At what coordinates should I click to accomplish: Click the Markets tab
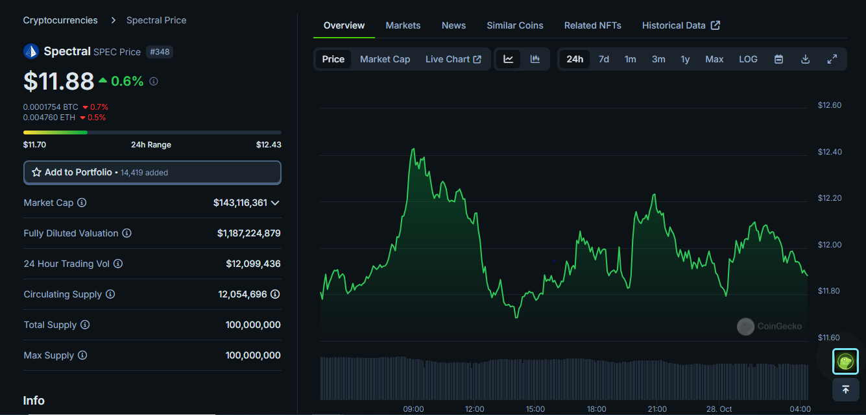(x=403, y=25)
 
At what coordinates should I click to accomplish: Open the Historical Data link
(x=680, y=25)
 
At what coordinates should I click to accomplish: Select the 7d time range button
(x=603, y=59)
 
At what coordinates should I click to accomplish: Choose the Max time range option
(x=714, y=59)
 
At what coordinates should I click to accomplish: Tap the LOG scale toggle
(x=748, y=59)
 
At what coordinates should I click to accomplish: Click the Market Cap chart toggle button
(x=385, y=59)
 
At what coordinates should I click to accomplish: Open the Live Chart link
(x=453, y=59)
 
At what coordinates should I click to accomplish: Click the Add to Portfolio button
(x=152, y=173)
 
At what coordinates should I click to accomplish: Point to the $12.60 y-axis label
(x=829, y=105)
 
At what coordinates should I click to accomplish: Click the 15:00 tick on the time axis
(x=535, y=409)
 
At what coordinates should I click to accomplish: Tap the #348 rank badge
(x=160, y=52)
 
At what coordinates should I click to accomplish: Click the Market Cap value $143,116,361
(x=240, y=203)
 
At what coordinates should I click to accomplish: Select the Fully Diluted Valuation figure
(x=249, y=233)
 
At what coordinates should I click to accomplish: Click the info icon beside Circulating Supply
(x=110, y=294)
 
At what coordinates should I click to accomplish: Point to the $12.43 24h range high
(x=269, y=145)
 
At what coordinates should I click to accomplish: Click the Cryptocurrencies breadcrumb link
(x=60, y=20)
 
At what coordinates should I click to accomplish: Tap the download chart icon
(x=805, y=59)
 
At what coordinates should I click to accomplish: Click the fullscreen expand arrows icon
(x=832, y=59)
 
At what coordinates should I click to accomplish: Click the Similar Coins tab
(x=515, y=25)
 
